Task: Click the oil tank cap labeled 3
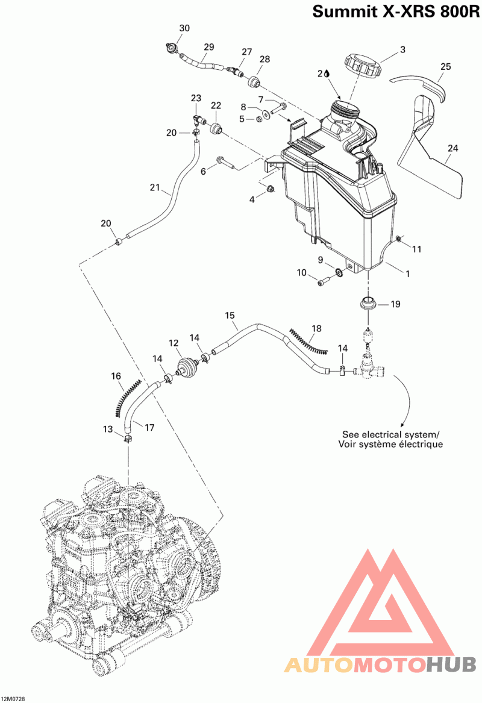click(x=361, y=64)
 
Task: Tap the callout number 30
click(x=184, y=28)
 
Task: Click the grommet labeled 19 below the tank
click(x=368, y=303)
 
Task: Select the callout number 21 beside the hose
click(x=155, y=188)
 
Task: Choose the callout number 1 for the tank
click(x=407, y=273)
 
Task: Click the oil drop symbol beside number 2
click(x=327, y=73)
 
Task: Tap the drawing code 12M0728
click(x=14, y=699)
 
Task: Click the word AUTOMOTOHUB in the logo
click(x=380, y=664)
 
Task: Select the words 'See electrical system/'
click(x=391, y=434)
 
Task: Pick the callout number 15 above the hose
click(x=230, y=315)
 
